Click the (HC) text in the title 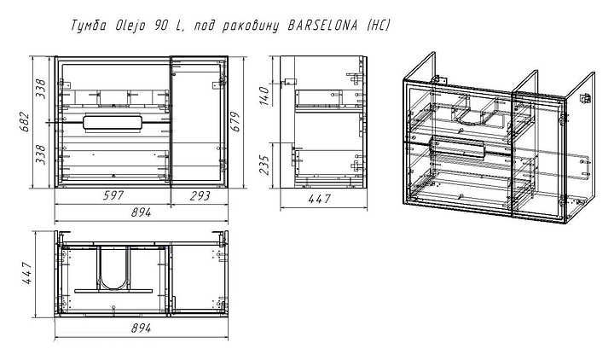pyautogui.click(x=378, y=26)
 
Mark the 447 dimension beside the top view pyautogui.click(x=27, y=275)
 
